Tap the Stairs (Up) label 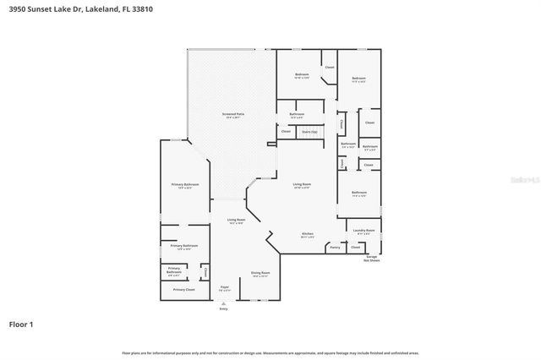pyautogui.click(x=309, y=132)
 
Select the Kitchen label pyautogui.click(x=309, y=234)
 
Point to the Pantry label pyautogui.click(x=335, y=248)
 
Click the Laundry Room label pyautogui.click(x=364, y=230)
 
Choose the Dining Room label pyautogui.click(x=260, y=273)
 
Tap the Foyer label pyautogui.click(x=225, y=288)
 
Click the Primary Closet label pyautogui.click(x=184, y=290)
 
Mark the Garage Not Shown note pyautogui.click(x=372, y=259)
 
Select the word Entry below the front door pyautogui.click(x=224, y=308)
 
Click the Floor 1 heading pyautogui.click(x=20, y=324)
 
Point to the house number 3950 pyautogui.click(x=17, y=8)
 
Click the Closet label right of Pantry pyautogui.click(x=355, y=248)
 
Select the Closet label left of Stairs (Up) pyautogui.click(x=286, y=132)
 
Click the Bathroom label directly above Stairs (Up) pyautogui.click(x=297, y=114)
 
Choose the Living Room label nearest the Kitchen pyautogui.click(x=302, y=184)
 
